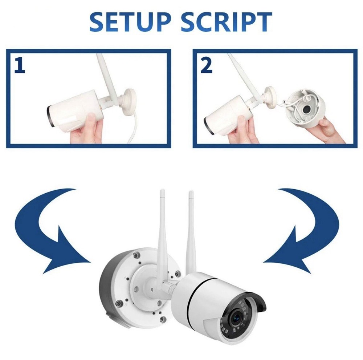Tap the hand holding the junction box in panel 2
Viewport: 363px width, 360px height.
tap(329, 129)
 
